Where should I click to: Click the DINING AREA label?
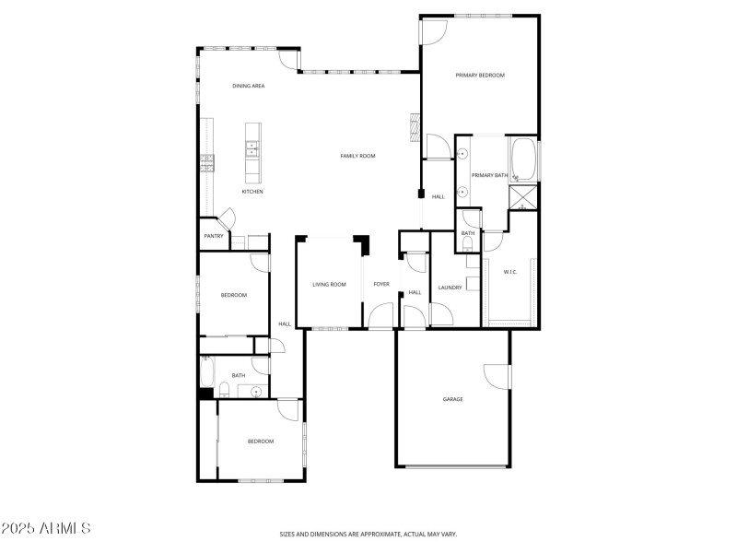pos(249,86)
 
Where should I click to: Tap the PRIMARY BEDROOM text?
pos(480,76)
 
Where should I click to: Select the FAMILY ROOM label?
pos(358,156)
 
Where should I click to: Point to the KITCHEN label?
pos(252,192)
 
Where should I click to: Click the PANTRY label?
pos(214,236)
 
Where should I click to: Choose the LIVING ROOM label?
pos(329,284)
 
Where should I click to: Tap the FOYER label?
pos(381,284)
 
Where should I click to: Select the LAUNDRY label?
pos(450,288)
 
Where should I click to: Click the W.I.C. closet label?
pos(510,272)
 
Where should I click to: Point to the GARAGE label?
pos(452,399)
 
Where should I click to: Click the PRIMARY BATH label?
pos(489,175)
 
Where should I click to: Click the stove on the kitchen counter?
pos(207,164)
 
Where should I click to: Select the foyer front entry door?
pos(380,317)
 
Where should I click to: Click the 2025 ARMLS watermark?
pos(46,529)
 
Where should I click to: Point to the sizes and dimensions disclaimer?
pos(368,534)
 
